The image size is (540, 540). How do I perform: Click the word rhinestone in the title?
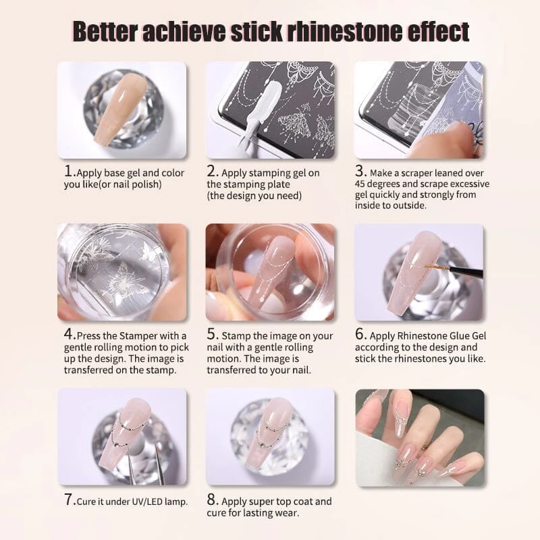pyautogui.click(x=344, y=31)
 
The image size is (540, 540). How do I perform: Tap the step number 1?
pyautogui.click(x=69, y=171)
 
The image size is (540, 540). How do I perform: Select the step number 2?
pyautogui.click(x=212, y=171)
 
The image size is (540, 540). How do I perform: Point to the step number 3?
pyautogui.click(x=360, y=171)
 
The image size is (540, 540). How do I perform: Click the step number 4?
pyautogui.click(x=69, y=333)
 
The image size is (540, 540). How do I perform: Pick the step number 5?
pyautogui.click(x=212, y=333)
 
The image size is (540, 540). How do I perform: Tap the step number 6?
pyautogui.click(x=360, y=333)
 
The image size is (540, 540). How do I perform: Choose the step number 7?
pyautogui.click(x=69, y=500)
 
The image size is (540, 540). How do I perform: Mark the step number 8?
pyautogui.click(x=212, y=500)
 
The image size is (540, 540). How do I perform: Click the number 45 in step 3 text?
pyautogui.click(x=360, y=184)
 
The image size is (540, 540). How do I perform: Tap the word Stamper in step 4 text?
pyautogui.click(x=149, y=335)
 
